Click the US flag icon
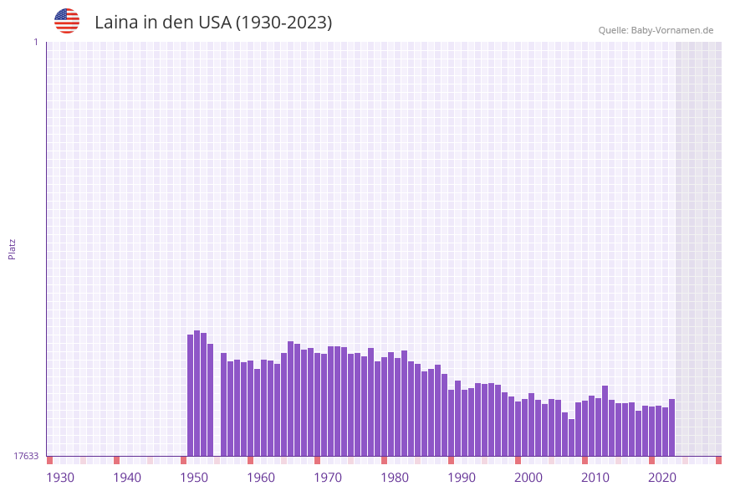67,21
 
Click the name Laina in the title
116,23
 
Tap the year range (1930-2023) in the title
283,23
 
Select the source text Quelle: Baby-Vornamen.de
656,30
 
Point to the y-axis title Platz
13,248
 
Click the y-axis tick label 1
35,42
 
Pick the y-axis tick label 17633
26,456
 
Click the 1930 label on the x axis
60,478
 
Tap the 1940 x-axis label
127,478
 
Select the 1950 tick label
194,478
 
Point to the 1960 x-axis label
261,478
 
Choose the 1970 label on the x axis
328,478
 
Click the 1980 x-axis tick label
395,478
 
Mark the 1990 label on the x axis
462,478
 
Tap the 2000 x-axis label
528,478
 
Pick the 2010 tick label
595,478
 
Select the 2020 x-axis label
662,478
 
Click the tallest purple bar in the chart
197,393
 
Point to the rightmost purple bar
671,427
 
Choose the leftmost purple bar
191,395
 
